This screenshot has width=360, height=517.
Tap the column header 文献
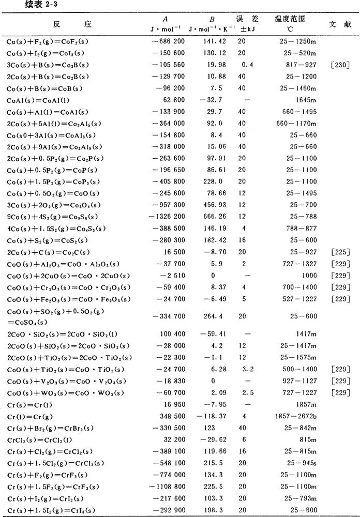click(339, 24)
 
